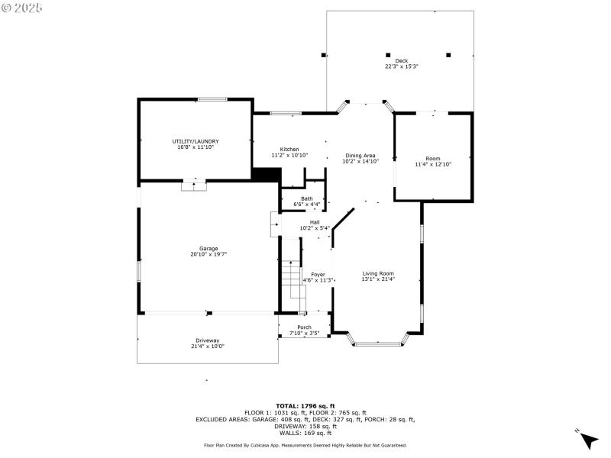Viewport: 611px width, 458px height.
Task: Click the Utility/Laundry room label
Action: click(x=196, y=141)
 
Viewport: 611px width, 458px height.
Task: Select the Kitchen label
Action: click(x=289, y=149)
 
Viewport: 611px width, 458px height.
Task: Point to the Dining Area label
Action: click(x=360, y=155)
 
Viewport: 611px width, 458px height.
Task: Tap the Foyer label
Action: click(x=318, y=274)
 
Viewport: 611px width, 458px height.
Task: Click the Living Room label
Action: click(x=378, y=273)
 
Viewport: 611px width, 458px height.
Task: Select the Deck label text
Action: click(x=401, y=60)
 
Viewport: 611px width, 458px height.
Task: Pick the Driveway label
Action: click(x=208, y=340)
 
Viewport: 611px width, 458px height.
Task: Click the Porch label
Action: click(x=305, y=327)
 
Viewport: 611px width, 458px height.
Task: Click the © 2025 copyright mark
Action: click(x=22, y=8)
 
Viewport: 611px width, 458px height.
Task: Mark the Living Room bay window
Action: click(x=378, y=344)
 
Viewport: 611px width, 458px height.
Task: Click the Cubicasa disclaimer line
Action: click(x=305, y=445)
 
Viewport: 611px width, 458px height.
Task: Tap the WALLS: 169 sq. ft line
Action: click(x=305, y=433)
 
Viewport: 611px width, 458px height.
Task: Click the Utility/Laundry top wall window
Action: click(x=212, y=98)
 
